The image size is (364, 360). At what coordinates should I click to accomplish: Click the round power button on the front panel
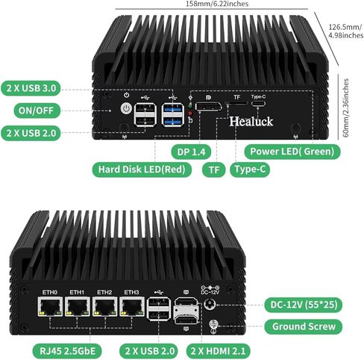tap(126, 108)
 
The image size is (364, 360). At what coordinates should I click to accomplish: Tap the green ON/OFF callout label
tap(36, 111)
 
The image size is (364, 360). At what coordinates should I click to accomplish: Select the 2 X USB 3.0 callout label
tap(31, 88)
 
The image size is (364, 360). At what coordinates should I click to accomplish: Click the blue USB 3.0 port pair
tap(173, 115)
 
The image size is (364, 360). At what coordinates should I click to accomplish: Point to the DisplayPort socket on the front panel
tap(208, 107)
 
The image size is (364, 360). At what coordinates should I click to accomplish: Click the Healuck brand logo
tap(251, 121)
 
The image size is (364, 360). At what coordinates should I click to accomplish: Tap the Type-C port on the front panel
tap(258, 103)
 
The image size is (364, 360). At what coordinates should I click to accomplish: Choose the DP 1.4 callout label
tap(191, 152)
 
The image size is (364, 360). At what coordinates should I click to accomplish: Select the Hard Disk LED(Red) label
tap(142, 170)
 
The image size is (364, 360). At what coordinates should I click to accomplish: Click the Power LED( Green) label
tap(292, 152)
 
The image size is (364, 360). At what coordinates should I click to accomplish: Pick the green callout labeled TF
tap(214, 170)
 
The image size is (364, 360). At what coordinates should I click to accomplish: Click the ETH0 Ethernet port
tap(50, 306)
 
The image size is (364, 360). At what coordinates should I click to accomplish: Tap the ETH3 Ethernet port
tap(132, 306)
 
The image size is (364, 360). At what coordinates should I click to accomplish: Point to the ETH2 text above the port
tap(104, 292)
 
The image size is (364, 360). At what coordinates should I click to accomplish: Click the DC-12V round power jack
tap(210, 305)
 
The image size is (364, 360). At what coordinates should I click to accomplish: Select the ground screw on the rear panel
tap(213, 325)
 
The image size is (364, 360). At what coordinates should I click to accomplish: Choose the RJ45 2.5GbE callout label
tap(67, 351)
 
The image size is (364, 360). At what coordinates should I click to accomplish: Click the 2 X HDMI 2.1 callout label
tap(219, 351)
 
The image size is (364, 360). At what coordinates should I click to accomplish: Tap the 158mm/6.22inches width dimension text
tap(217, 4)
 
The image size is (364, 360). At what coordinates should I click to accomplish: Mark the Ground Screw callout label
tap(304, 326)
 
